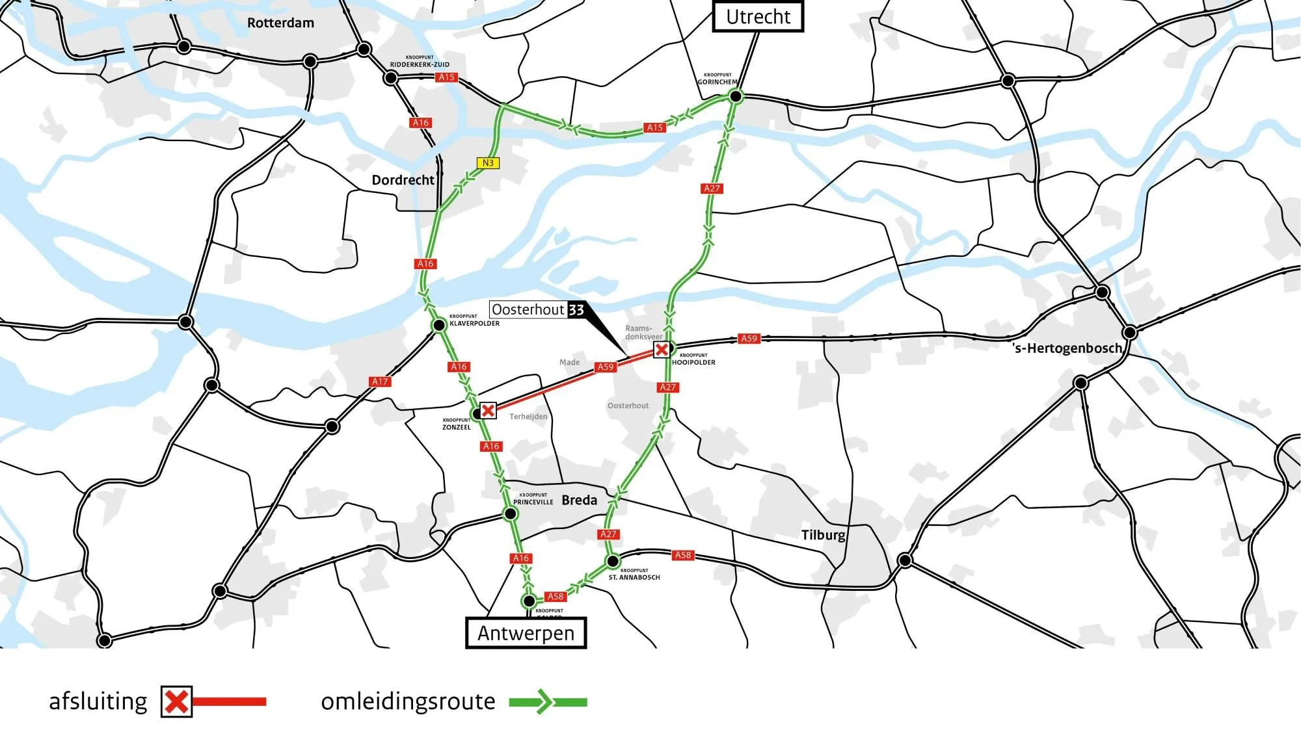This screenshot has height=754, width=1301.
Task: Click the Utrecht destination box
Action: tap(758, 16)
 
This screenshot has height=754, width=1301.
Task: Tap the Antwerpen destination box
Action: tap(526, 633)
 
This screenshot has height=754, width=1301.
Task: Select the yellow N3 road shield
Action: tap(488, 163)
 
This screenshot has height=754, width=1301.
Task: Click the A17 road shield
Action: tap(380, 382)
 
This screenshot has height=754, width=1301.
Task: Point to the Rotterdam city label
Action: tap(280, 23)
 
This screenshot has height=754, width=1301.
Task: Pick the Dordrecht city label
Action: tap(403, 180)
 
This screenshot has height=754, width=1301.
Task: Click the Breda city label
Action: tap(579, 500)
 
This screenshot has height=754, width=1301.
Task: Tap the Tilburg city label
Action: tap(823, 535)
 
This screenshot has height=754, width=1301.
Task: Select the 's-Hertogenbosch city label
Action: tap(1067, 348)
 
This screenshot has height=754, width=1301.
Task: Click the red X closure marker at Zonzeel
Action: tap(488, 410)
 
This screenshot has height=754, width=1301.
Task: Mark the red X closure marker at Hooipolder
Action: tap(662, 350)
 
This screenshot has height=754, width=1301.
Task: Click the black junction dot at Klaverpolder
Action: tap(439, 325)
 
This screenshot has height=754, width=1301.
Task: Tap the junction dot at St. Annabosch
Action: tap(612, 561)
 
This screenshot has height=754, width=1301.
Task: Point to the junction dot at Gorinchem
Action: tap(736, 97)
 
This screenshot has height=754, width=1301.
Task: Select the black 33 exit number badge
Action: tap(576, 310)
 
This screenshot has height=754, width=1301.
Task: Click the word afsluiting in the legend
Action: tap(98, 702)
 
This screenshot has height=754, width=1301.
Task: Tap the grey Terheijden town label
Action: tap(528, 417)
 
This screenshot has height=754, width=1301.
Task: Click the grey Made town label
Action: tap(569, 362)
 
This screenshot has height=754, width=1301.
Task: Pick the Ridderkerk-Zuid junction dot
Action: tap(390, 78)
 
